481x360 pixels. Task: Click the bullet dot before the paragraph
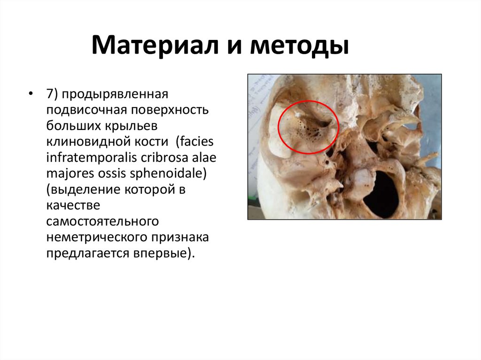[x=31, y=93]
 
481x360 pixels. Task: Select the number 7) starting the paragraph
[x=52, y=94]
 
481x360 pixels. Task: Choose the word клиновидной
[x=84, y=142]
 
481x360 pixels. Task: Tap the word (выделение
[x=80, y=190]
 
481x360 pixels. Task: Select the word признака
[x=178, y=237]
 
